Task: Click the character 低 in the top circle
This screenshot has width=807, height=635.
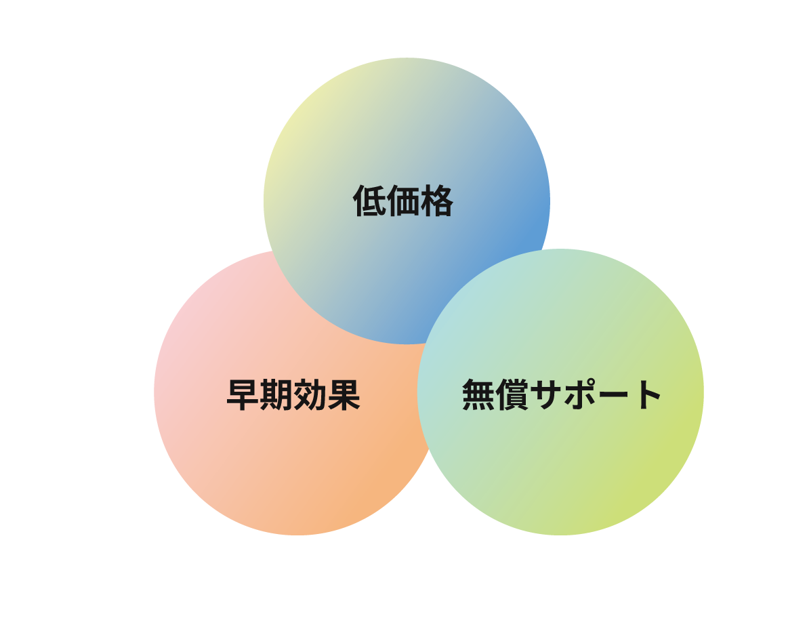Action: click(x=369, y=201)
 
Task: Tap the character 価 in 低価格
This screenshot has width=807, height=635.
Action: click(x=403, y=201)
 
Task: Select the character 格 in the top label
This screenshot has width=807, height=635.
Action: click(x=436, y=201)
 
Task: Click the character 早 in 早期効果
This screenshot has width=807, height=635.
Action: click(x=243, y=395)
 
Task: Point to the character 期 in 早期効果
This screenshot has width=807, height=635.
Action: click(x=277, y=395)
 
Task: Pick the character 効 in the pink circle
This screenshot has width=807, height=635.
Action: click(x=310, y=395)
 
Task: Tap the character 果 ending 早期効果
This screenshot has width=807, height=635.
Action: click(x=344, y=395)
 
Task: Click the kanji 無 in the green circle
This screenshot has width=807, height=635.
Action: click(x=479, y=394)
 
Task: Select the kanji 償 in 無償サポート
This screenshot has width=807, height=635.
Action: click(x=513, y=394)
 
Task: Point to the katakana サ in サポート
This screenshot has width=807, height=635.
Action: click(x=546, y=394)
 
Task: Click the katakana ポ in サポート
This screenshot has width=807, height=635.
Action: click(x=580, y=394)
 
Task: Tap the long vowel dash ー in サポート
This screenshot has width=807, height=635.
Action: click(x=613, y=395)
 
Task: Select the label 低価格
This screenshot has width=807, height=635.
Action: click(x=403, y=201)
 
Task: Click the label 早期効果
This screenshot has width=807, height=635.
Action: click(x=293, y=395)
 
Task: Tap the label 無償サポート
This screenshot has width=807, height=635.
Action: click(x=562, y=394)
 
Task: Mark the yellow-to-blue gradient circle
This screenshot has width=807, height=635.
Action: click(x=407, y=155)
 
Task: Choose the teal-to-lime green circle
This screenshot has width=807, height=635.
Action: click(x=560, y=463)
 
